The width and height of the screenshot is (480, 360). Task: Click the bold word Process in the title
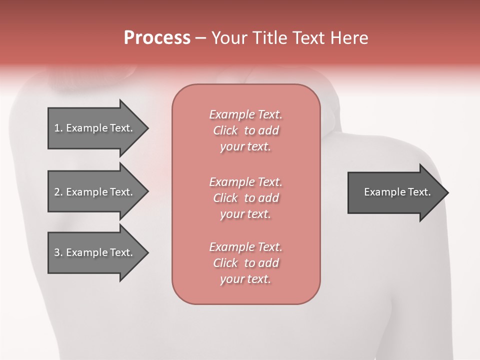click(157, 38)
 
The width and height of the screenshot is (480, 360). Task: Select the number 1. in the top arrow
click(58, 128)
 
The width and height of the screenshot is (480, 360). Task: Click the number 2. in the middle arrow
click(58, 192)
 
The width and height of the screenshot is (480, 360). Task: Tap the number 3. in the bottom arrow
click(58, 252)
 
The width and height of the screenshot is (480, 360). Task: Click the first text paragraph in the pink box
click(245, 130)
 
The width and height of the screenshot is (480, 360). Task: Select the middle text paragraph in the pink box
click(245, 198)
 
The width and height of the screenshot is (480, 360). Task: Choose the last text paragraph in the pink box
click(245, 263)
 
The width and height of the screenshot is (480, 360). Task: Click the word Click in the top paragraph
click(225, 130)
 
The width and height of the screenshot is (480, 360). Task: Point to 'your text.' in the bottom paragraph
click(245, 279)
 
